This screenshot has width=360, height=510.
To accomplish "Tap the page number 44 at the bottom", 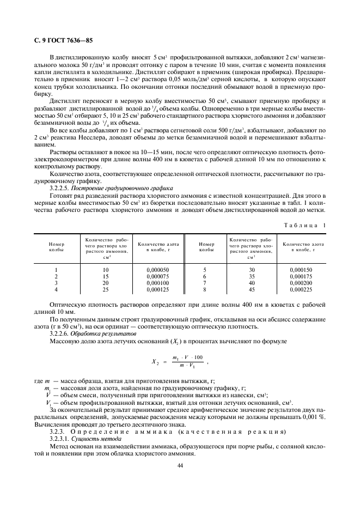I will coord(180,465).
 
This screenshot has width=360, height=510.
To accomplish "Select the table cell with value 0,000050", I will coord(158,270).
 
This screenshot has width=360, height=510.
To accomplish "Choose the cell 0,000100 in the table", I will coord(158,283).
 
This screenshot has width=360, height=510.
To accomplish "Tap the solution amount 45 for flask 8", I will coord(252,289).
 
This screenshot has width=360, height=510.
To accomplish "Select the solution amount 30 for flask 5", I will coord(252,270).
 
